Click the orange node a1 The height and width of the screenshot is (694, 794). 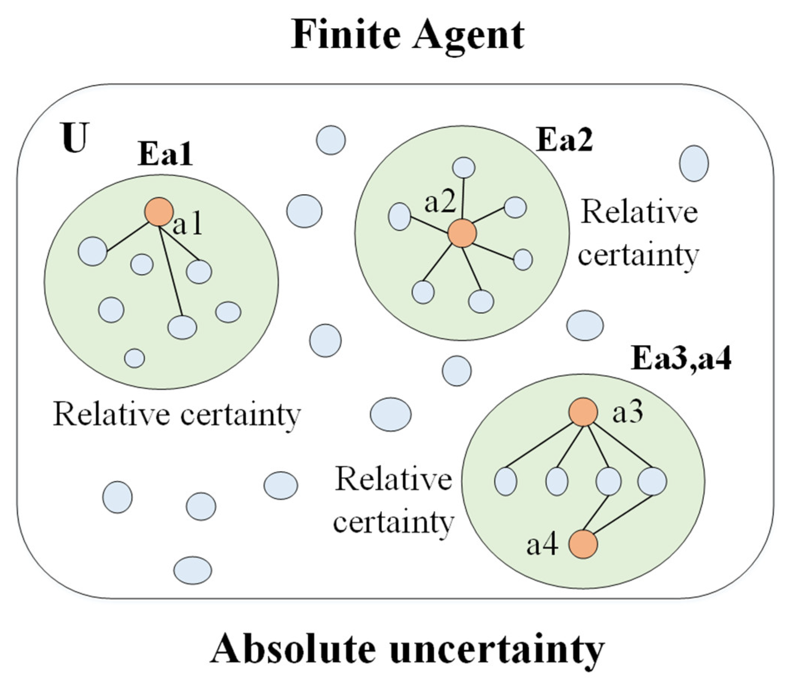point(159,212)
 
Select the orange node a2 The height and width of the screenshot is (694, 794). point(462,233)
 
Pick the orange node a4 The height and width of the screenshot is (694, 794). point(583,544)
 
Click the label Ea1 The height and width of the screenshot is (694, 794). point(165,155)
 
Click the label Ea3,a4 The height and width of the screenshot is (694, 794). point(681,359)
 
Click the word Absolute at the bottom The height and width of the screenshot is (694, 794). point(293,649)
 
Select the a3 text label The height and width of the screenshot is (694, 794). point(627,413)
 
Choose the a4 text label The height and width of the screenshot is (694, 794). point(542,545)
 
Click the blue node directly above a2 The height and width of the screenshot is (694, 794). point(464,168)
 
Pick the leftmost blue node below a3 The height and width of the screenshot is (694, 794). point(506,481)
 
